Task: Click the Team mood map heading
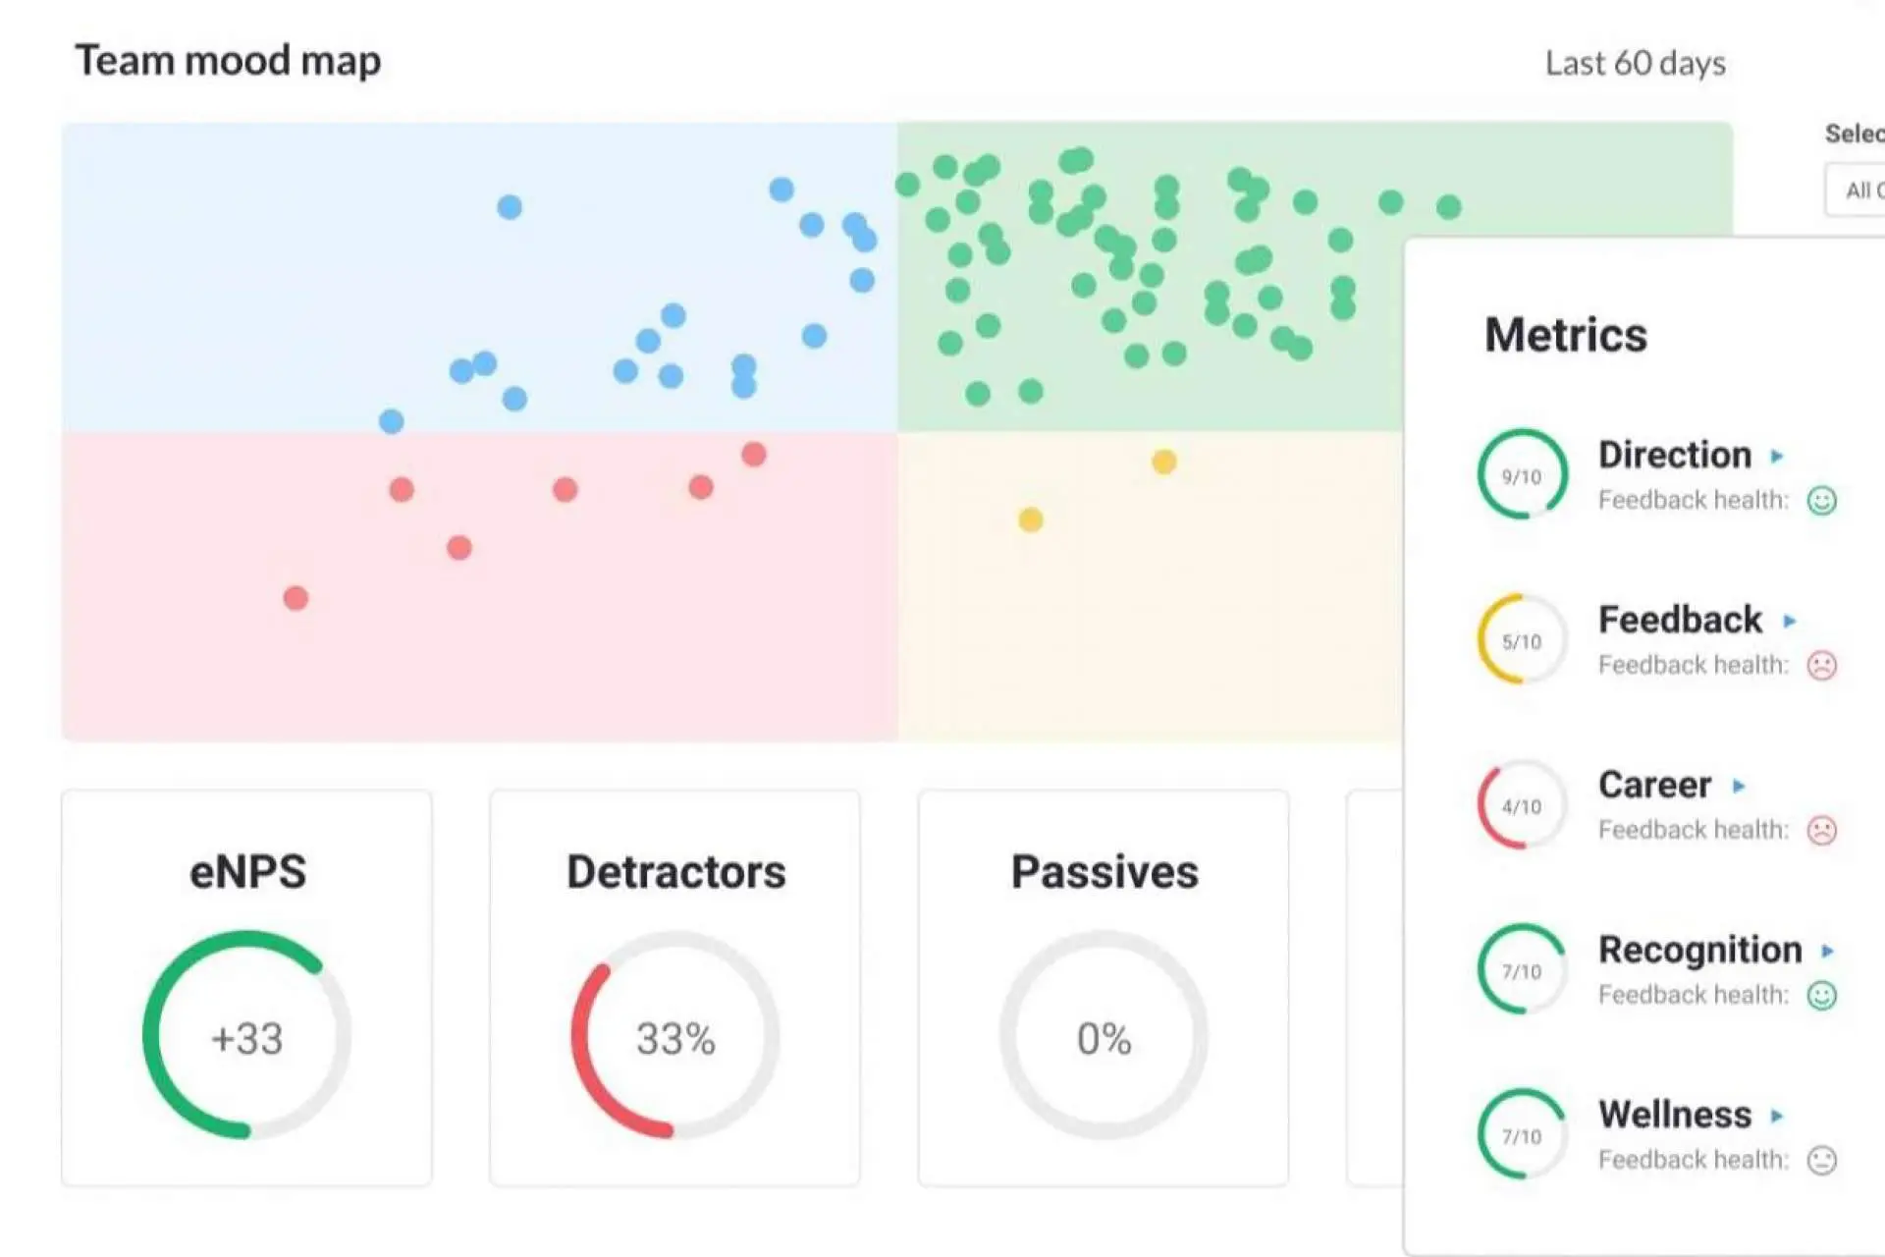pyautogui.click(x=228, y=61)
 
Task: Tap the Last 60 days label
pyautogui.click(x=1635, y=64)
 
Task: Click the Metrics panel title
pyautogui.click(x=1565, y=335)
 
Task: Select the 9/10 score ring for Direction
pyautogui.click(x=1522, y=475)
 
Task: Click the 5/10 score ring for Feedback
pyautogui.click(x=1522, y=640)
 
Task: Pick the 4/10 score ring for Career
pyautogui.click(x=1522, y=805)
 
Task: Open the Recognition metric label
pyautogui.click(x=1699, y=950)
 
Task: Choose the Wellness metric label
pyautogui.click(x=1674, y=1115)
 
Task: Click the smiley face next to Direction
pyautogui.click(x=1821, y=501)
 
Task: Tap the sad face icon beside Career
pyautogui.click(x=1821, y=831)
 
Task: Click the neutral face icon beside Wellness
pyautogui.click(x=1821, y=1161)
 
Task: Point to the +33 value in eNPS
pyautogui.click(x=246, y=1038)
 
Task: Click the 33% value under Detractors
pyautogui.click(x=675, y=1038)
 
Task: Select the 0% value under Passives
pyautogui.click(x=1104, y=1038)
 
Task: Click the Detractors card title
pyautogui.click(x=675, y=872)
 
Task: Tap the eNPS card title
pyautogui.click(x=247, y=872)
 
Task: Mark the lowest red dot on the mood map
pyautogui.click(x=296, y=598)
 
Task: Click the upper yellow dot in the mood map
pyautogui.click(x=1163, y=462)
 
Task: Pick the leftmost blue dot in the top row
pyautogui.click(x=510, y=207)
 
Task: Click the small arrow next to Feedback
pyautogui.click(x=1789, y=621)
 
